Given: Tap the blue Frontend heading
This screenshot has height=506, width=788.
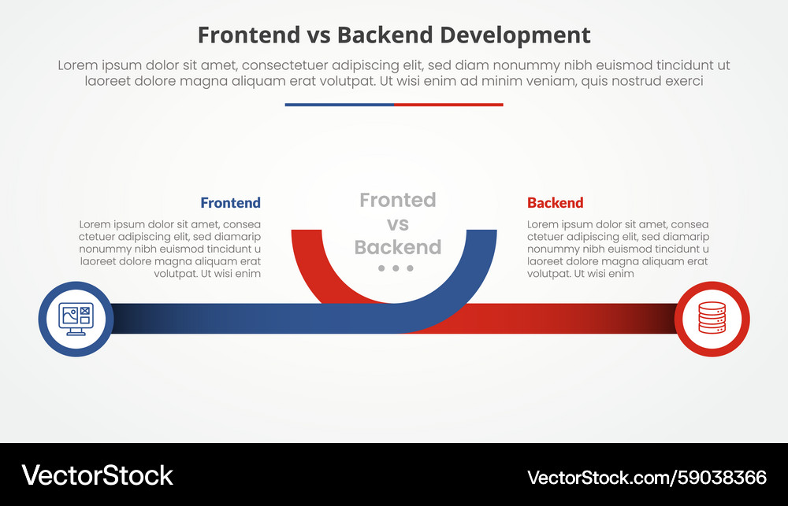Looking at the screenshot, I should point(230,203).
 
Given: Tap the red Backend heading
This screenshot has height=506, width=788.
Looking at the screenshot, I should point(556,203).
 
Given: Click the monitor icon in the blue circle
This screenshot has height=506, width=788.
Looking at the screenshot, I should point(76,319).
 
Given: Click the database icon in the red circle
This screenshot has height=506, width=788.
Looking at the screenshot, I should point(712,319).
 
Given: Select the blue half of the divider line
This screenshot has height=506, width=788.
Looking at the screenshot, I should point(339,105).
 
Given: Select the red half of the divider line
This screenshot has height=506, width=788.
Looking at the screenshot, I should point(448,105).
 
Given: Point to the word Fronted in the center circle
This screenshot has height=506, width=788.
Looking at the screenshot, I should point(397,201).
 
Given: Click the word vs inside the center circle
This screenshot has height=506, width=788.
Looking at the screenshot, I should point(398,224).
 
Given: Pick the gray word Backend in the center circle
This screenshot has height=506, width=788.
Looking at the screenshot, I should point(398,248).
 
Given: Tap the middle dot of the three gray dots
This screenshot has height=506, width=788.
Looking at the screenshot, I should point(397,268).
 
